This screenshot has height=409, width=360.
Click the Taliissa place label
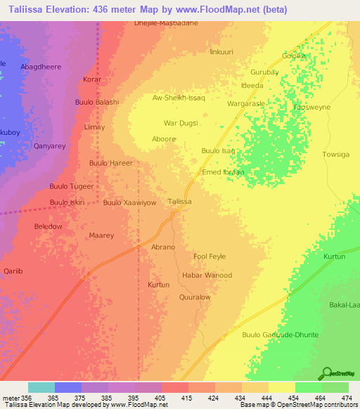click(180, 202)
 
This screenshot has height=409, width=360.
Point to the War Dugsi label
click(181, 123)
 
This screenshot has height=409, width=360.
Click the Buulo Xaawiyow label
click(129, 202)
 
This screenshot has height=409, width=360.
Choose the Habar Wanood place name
click(207, 275)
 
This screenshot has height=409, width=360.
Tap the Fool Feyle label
click(210, 257)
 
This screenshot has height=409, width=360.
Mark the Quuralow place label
click(195, 297)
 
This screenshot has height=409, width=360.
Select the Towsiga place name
click(335, 154)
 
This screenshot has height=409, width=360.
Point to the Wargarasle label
click(245, 103)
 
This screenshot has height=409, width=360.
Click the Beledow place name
click(48, 226)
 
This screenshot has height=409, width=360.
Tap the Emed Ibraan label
click(223, 172)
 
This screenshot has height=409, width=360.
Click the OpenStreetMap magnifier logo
click(326, 373)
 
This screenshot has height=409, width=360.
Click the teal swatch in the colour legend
click(41, 387)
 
